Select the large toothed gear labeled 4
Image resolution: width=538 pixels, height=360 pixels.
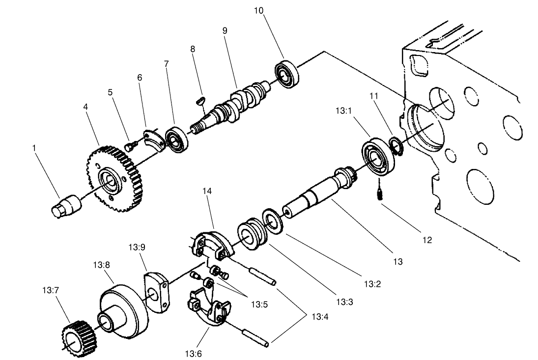point(114,179)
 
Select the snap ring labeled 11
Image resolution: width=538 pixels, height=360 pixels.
point(396,146)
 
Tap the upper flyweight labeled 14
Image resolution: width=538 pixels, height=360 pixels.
point(212,244)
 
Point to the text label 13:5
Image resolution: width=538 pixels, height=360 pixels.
point(259,304)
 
